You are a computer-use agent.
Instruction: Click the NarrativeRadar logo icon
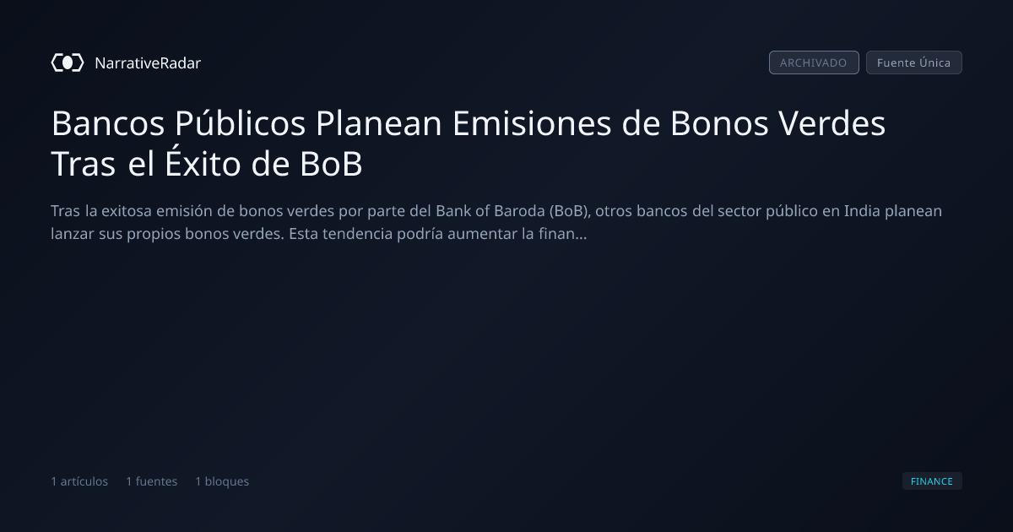68,62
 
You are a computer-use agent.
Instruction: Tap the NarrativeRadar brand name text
148,63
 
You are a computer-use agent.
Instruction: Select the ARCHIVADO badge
814,62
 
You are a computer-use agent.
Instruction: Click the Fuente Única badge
913,62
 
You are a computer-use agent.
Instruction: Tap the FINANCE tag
932,480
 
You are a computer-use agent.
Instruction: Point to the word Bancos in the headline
108,123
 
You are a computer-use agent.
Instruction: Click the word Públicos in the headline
240,123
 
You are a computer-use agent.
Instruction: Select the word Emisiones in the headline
532,123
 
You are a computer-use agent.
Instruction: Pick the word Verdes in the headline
832,123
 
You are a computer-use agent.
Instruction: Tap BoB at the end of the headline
331,164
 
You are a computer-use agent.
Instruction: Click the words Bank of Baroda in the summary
490,211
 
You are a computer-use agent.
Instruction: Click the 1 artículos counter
79,481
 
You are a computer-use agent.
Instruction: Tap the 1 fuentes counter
151,481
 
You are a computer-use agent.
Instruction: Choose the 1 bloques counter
222,481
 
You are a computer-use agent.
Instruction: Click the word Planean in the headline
379,123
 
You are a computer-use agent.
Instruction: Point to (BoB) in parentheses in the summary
570,211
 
